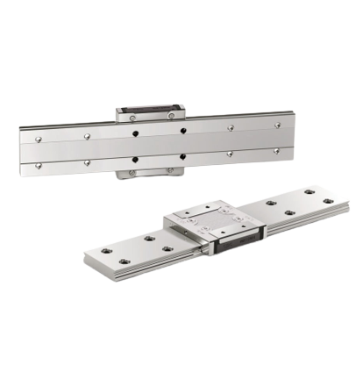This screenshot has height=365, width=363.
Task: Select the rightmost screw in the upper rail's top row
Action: [278, 125]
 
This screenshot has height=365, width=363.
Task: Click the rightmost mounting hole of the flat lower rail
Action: [327, 201]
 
